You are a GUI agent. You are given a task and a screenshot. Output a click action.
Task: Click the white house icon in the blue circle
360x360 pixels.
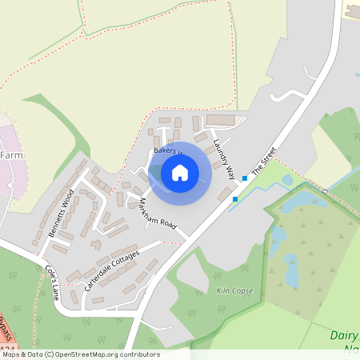180,172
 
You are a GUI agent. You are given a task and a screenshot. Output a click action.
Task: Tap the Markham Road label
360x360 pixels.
157,212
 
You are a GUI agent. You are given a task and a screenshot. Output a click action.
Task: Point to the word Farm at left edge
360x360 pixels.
11,154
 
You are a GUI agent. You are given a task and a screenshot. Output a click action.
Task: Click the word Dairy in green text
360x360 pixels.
343,335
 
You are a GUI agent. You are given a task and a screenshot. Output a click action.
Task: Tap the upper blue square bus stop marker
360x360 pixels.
244,178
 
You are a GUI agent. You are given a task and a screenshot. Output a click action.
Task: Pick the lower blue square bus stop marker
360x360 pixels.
235,198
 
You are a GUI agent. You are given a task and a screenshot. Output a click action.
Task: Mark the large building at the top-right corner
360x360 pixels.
352,9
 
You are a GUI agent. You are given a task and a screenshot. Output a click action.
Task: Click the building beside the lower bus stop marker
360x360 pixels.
223,195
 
